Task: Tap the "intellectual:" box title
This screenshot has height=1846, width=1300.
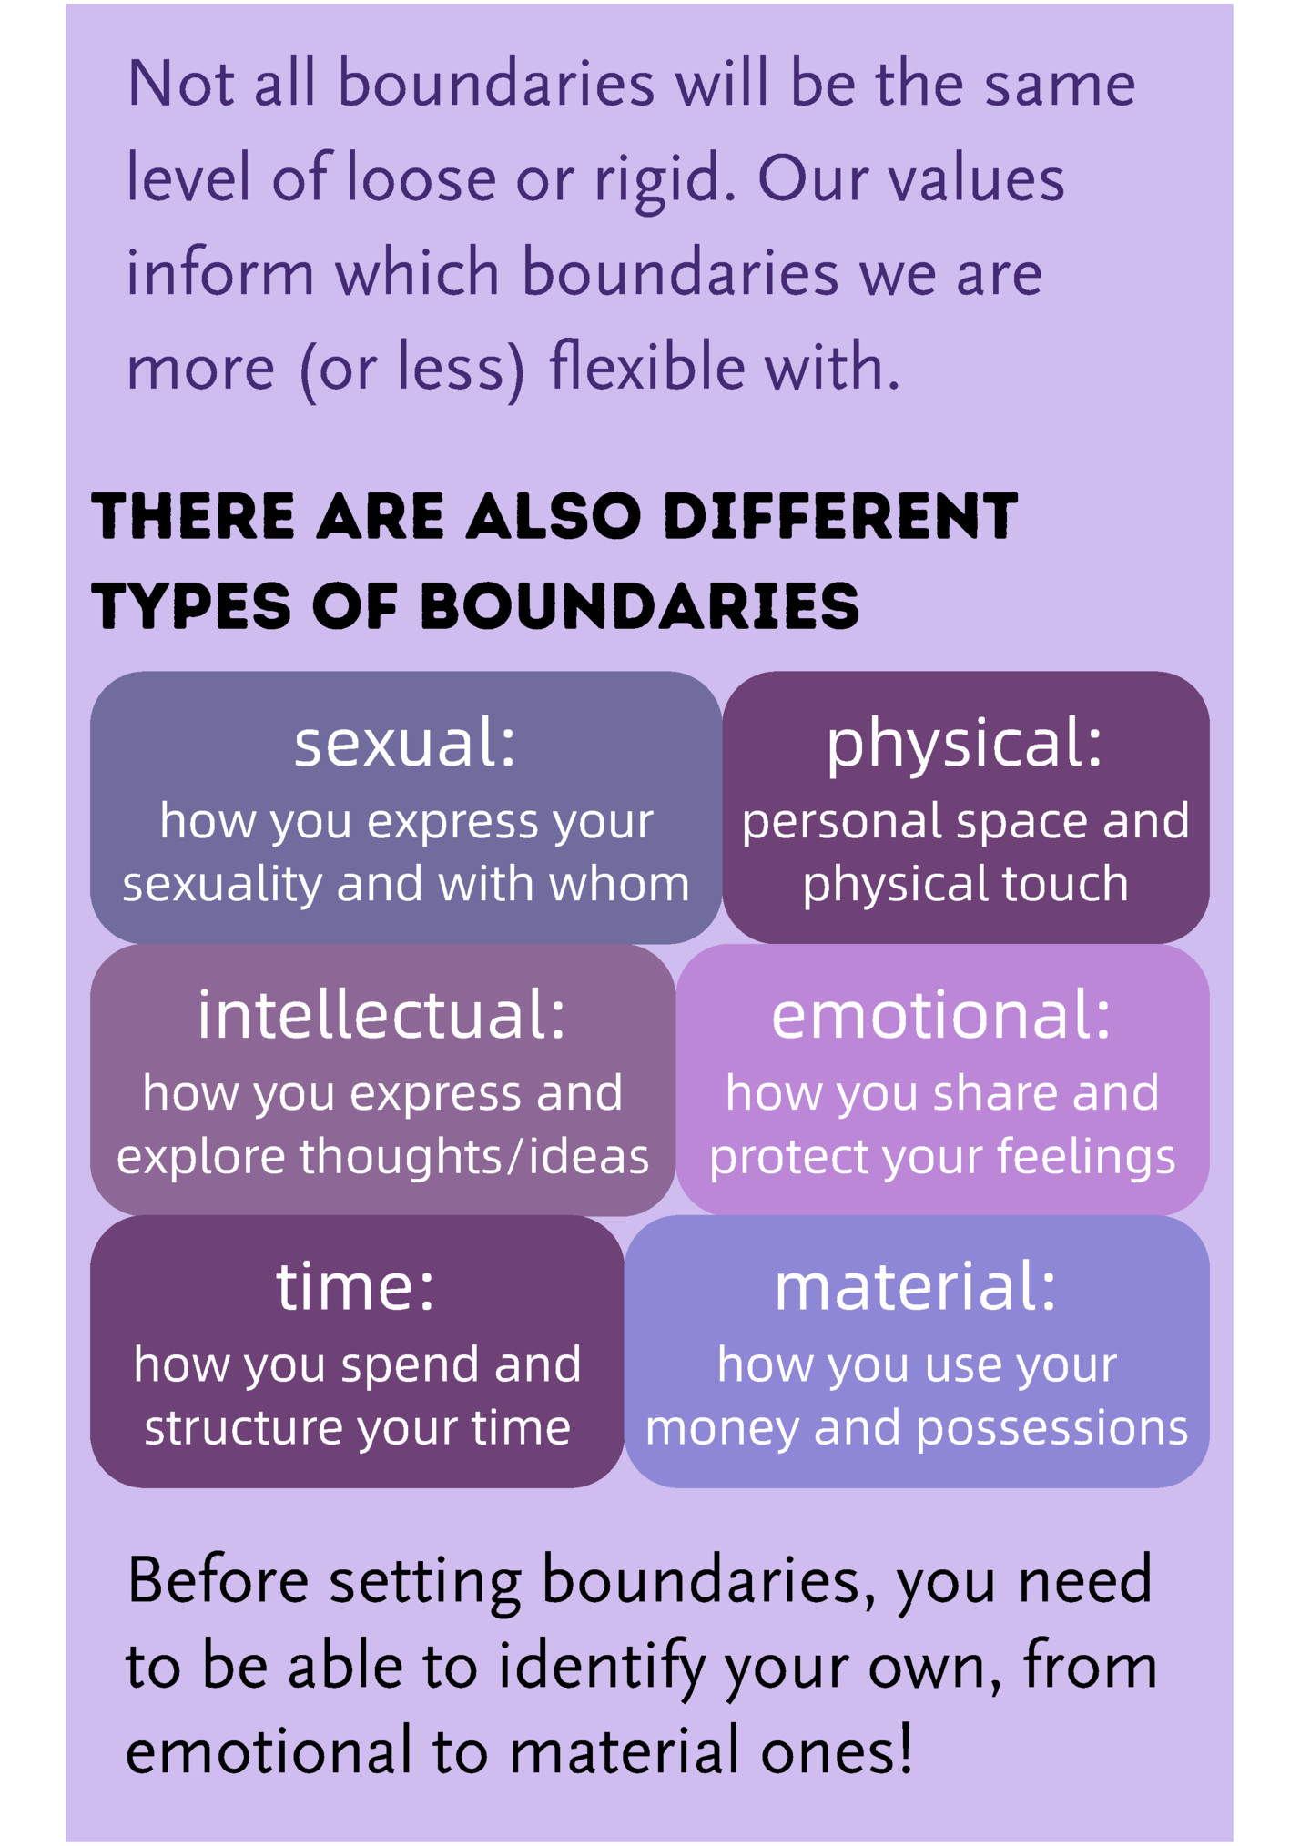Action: coord(382,1014)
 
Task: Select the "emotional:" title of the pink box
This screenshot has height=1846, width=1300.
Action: coord(942,1015)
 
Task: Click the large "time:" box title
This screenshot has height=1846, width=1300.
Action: coord(356,1287)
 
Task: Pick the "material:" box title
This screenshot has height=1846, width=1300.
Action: coord(916,1287)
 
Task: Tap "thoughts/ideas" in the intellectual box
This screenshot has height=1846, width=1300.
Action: coord(474,1156)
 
